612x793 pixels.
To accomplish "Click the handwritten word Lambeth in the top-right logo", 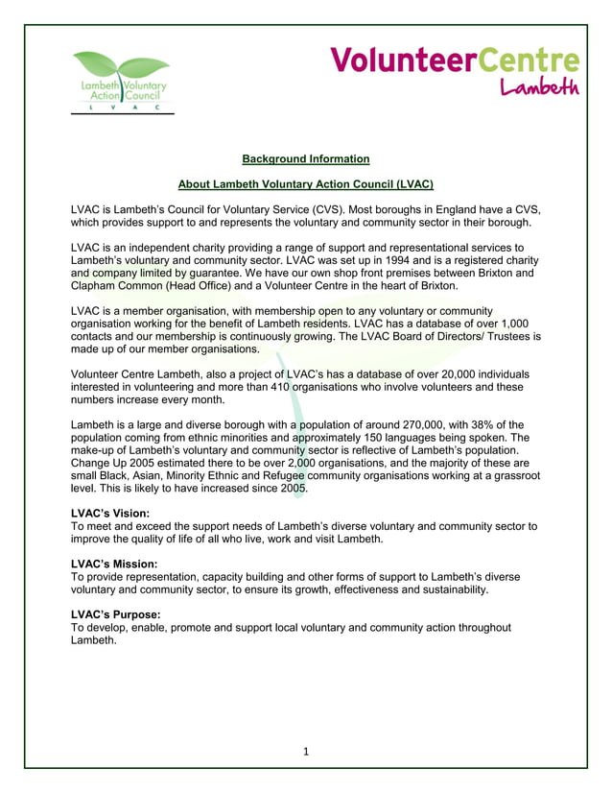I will (540, 86).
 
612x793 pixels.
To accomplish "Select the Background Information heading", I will (305, 158).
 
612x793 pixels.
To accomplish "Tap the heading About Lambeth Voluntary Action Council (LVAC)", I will (305, 183).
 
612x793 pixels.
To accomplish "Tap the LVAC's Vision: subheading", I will (110, 514).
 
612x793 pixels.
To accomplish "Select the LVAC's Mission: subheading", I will (114, 564).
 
